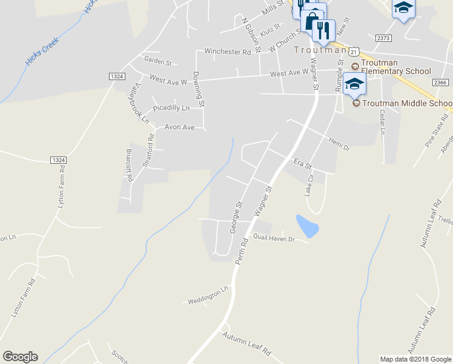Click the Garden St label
pos(158,61)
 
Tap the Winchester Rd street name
pos(227,52)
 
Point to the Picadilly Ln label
pos(171,108)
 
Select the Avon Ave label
pos(179,127)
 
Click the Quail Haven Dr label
pos(273,238)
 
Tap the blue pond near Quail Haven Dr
pos(307,226)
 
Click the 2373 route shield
pos(383,38)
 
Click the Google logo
pos(20,357)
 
